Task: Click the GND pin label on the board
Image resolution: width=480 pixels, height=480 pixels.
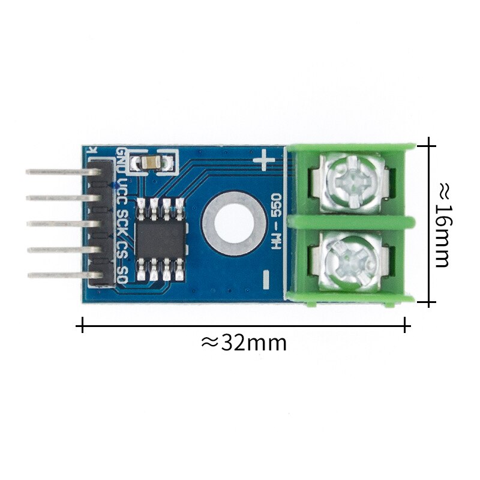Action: click(121, 161)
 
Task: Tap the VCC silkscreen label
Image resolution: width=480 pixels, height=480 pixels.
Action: click(122, 191)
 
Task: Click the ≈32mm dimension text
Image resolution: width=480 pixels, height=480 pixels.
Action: click(244, 343)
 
